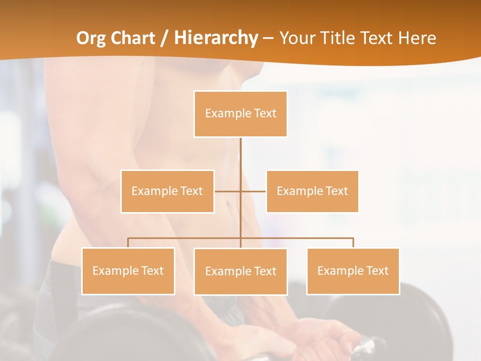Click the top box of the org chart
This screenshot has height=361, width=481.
(x=241, y=114)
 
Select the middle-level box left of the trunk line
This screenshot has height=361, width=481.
(x=167, y=191)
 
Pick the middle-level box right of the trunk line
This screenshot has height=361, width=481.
(x=312, y=191)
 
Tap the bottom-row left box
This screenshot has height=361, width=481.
(x=128, y=271)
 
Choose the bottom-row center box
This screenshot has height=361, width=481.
(x=241, y=271)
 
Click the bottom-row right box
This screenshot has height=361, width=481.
(x=353, y=271)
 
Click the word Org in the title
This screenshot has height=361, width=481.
(x=92, y=38)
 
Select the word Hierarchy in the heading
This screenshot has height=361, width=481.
(x=215, y=38)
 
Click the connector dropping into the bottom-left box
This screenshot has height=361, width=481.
(x=128, y=243)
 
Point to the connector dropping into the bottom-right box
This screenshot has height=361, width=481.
(x=353, y=243)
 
